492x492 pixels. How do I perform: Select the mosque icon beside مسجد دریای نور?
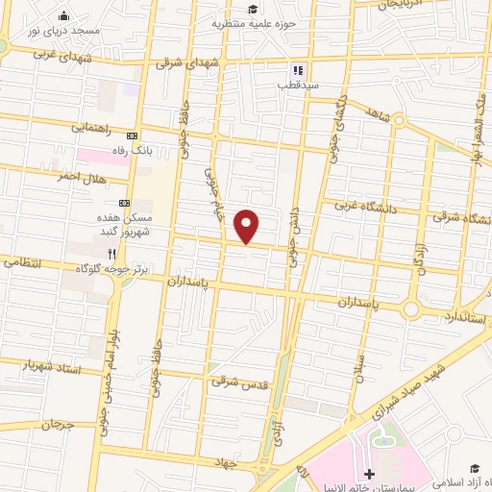click(64, 15)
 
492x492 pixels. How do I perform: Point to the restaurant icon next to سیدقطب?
click(297, 70)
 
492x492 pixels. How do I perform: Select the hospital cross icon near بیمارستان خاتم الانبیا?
click(371, 474)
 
